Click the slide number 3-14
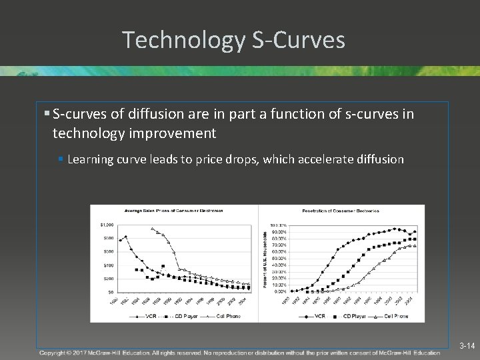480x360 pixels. [467, 346]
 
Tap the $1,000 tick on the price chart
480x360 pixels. [107, 225]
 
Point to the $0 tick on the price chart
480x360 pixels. [109, 292]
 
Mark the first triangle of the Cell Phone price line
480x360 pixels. [153, 229]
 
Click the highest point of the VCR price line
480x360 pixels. [125, 237]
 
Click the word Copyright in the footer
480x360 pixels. [56, 352]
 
